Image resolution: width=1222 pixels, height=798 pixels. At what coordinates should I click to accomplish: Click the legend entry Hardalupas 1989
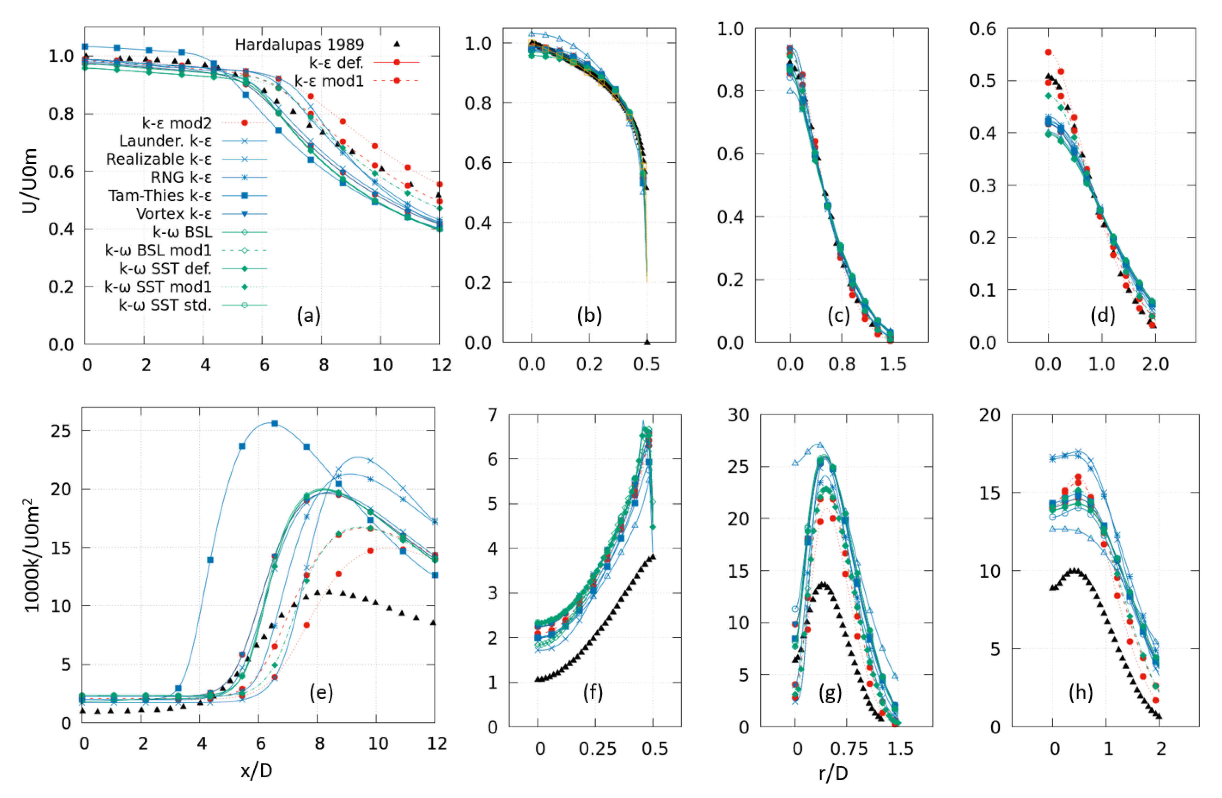299,45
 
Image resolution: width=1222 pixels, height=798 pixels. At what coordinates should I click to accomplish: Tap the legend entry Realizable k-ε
159,159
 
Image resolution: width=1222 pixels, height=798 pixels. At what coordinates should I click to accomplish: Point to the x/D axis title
256,771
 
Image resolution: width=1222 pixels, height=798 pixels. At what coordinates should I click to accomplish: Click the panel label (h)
1080,693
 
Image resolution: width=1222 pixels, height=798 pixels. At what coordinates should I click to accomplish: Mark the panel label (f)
593,693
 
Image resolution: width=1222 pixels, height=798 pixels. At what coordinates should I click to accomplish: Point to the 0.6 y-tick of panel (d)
983,29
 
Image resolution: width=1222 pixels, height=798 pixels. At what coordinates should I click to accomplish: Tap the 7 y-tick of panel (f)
492,414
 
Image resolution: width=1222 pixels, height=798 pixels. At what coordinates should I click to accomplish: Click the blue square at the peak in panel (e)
275,423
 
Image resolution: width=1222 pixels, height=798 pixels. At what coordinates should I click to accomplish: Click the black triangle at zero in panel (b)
647,342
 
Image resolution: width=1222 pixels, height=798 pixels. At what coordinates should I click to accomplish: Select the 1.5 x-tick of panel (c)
893,364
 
